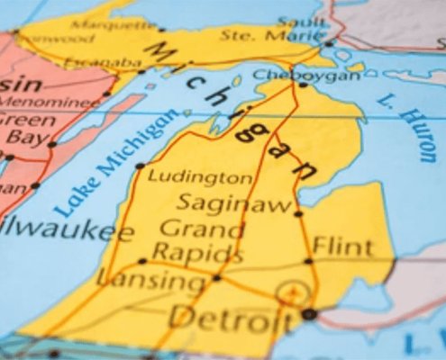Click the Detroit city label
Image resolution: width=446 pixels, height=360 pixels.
232,317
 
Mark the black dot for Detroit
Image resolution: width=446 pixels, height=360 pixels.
309,314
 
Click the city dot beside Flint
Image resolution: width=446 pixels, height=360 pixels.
308,261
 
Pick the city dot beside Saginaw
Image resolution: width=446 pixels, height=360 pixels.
298,213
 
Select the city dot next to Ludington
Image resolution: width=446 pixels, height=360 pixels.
140,166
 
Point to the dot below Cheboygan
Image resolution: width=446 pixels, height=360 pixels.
303,85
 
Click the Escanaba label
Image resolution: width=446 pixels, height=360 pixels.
114,63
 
